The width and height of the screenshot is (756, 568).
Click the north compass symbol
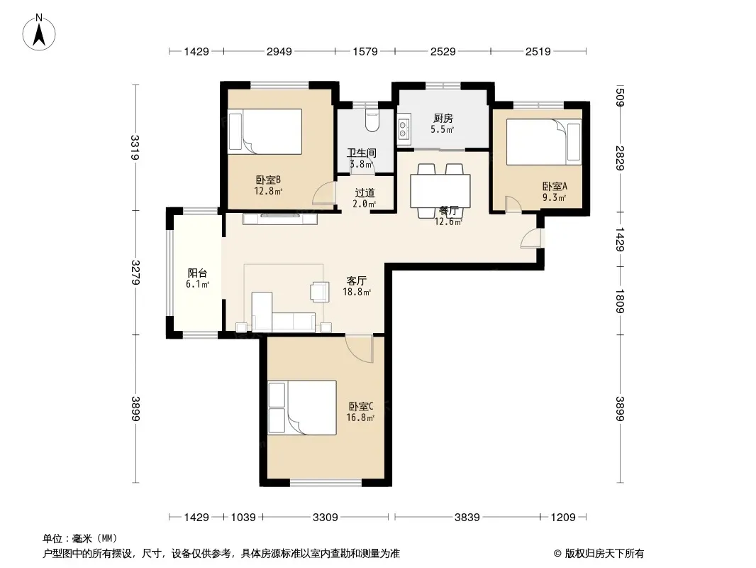tap(39, 33)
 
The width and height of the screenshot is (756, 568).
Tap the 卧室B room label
tap(268, 180)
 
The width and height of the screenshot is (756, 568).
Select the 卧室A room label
tap(555, 186)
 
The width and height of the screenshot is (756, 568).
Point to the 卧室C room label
tap(361, 407)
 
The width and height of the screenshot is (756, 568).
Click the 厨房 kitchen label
tap(443, 119)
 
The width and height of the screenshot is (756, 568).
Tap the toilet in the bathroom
tap(372, 121)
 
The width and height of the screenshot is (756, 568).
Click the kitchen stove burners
tap(403, 130)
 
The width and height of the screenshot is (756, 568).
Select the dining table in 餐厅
tap(440, 190)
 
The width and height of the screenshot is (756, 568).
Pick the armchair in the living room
tap(320, 292)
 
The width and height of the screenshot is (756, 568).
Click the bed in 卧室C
tap(302, 408)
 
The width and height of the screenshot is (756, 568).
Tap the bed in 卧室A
tap(544, 142)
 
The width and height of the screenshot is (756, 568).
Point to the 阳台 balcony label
tap(197, 273)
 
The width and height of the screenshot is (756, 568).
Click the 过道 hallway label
tap(365, 193)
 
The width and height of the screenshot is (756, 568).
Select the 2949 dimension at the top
tap(279, 51)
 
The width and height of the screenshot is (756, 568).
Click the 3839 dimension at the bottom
tap(467, 518)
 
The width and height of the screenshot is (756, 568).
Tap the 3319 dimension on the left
tap(135, 148)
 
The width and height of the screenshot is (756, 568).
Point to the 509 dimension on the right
tap(621, 97)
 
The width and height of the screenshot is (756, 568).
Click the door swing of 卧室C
tap(360, 349)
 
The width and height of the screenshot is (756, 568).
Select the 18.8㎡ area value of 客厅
tap(357, 292)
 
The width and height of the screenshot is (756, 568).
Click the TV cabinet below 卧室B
tap(280, 219)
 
